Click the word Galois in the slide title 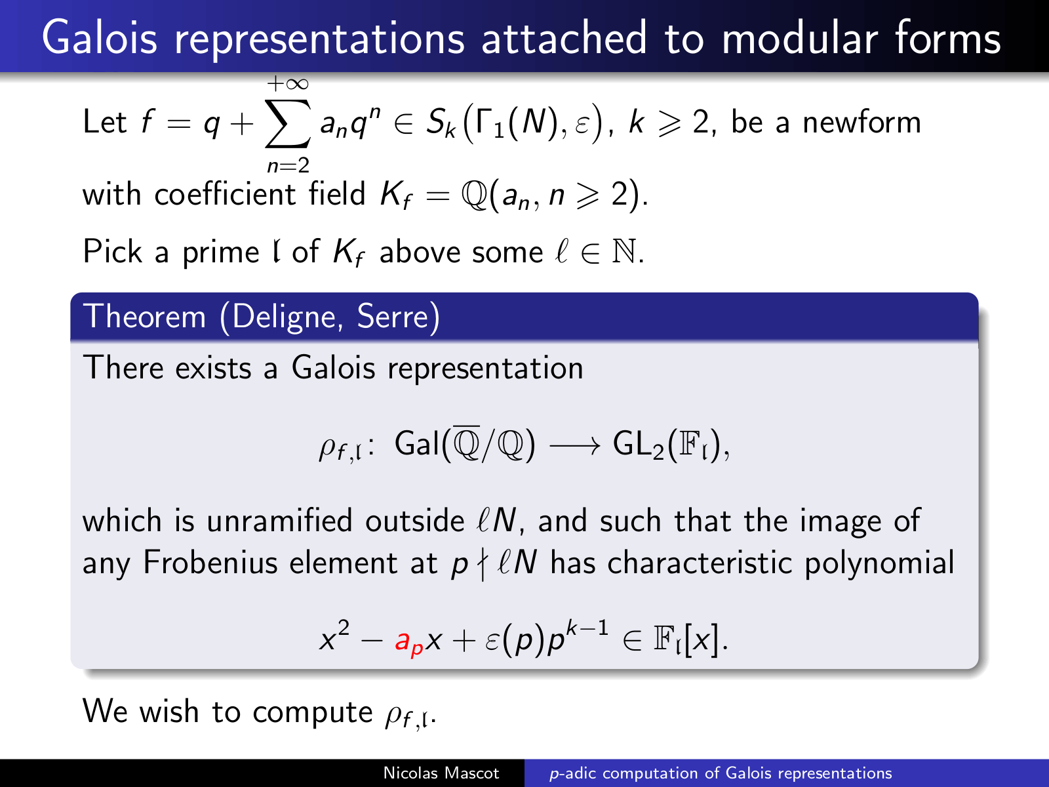click(100, 37)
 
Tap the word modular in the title click(799, 37)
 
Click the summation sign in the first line click(288, 123)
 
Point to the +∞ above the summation click(288, 84)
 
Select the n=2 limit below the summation click(288, 166)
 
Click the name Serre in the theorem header click(393, 316)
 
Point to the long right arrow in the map click(574, 447)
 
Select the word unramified click(279, 520)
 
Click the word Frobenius click(210, 563)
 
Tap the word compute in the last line click(313, 712)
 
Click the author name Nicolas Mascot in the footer click(441, 773)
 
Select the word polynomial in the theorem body click(879, 563)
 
